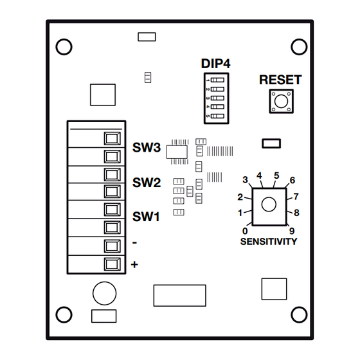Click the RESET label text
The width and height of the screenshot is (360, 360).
click(280, 80)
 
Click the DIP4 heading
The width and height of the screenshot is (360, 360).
click(215, 64)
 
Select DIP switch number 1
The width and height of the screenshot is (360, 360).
click(217, 80)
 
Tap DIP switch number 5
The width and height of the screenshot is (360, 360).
click(217, 116)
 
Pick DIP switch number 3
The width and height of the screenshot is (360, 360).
click(217, 98)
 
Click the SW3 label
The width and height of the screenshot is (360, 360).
click(147, 147)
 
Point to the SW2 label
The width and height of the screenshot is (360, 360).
click(147, 183)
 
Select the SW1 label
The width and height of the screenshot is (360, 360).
click(146, 217)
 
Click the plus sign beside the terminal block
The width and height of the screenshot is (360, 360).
click(134, 264)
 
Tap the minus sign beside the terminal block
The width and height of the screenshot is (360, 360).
click(135, 243)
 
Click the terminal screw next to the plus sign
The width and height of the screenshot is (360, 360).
click(112, 264)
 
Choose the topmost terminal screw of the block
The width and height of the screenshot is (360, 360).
click(112, 138)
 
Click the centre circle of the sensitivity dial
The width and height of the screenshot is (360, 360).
click(269, 204)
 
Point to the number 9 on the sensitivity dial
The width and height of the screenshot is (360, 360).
click(292, 231)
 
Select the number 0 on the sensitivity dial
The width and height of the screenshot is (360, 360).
click(245, 231)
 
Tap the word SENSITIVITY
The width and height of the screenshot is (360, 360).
click(269, 242)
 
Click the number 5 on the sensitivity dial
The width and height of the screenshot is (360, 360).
click(276, 175)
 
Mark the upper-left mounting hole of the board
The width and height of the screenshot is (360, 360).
click(64, 47)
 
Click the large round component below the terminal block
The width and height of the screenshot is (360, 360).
click(104, 293)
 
